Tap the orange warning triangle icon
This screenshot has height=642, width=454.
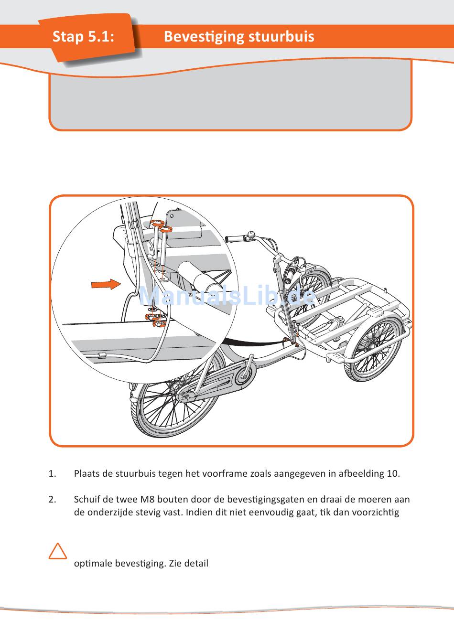58,551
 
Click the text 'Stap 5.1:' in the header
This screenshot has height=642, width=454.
83,36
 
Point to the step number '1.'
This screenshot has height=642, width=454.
52,474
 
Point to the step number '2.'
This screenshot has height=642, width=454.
52,500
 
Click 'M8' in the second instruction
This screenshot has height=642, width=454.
147,500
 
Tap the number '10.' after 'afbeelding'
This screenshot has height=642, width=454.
393,474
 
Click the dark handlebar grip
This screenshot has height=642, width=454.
234,238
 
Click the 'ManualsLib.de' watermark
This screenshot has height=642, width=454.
227,296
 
